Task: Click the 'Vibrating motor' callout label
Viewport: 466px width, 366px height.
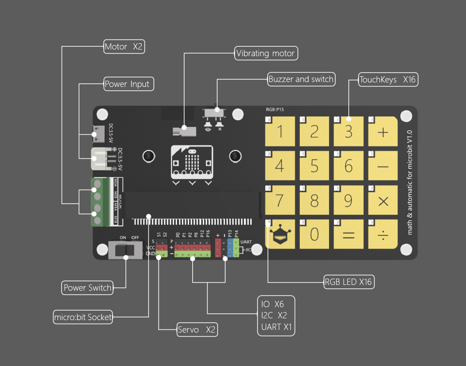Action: pos(266,53)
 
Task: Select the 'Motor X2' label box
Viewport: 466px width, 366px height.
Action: pos(124,46)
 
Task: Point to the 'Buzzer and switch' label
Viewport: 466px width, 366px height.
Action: pos(301,79)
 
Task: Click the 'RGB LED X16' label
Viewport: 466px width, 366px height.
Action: pos(348,282)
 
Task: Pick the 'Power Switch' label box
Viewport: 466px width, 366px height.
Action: pos(87,288)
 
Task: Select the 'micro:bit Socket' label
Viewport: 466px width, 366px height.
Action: pos(82,317)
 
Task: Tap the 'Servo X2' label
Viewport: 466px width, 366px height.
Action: pos(197,329)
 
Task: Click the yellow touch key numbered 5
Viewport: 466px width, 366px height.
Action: pos(314,166)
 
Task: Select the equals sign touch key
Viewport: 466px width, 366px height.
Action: pos(349,234)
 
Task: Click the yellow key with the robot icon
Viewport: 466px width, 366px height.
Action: pos(280,234)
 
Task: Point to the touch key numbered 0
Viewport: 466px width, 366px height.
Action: pos(314,234)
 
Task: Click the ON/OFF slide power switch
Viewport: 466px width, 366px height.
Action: pos(125,250)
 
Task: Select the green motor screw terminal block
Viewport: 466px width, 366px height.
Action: pos(100,202)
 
